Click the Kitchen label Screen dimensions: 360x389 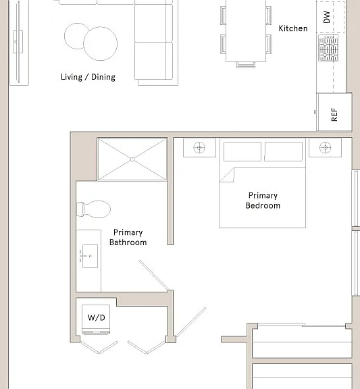[x=293, y=28]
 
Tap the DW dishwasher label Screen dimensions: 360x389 [x=328, y=17]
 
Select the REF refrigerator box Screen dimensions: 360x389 [x=334, y=112]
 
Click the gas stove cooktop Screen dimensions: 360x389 [x=328, y=48]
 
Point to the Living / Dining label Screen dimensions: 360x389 [x=88, y=77]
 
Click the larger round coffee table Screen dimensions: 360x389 [x=100, y=44]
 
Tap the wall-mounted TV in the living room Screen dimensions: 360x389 [x=18, y=42]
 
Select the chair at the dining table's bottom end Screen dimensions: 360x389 [x=246, y=65]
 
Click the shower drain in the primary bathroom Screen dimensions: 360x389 [x=132, y=159]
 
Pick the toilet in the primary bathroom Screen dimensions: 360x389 [x=93, y=209]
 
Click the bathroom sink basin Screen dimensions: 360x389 [x=90, y=256]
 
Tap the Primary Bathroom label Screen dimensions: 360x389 [x=128, y=238]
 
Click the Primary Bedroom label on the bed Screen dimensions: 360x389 [x=263, y=201]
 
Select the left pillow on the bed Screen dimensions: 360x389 [x=242, y=151]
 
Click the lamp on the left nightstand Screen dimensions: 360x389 [x=199, y=148]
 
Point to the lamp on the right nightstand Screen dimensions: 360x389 [x=325, y=148]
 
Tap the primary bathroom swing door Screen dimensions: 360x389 [x=154, y=276]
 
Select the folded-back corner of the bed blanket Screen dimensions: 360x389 [x=227, y=175]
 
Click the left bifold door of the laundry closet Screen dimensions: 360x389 [x=99, y=347]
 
